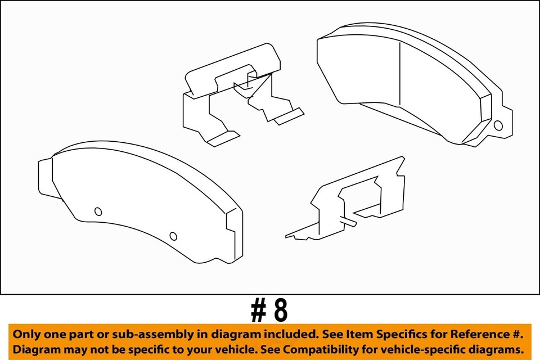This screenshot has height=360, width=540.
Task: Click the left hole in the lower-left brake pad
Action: coord(98,211)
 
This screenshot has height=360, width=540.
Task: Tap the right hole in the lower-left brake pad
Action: coord(173,236)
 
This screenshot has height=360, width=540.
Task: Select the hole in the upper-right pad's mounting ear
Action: coord(498,125)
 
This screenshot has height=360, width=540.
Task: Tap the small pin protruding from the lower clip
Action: coord(349,223)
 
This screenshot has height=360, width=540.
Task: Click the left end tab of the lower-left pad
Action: coord(45,177)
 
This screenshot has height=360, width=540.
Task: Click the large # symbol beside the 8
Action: coord(259,310)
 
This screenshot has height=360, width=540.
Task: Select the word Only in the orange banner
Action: coord(26,334)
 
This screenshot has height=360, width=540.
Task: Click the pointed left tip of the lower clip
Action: coord(287,236)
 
